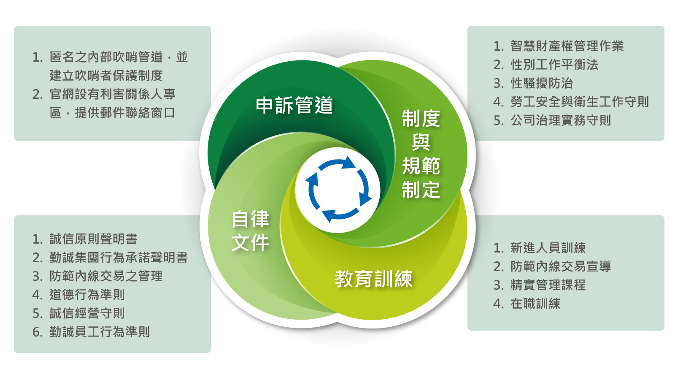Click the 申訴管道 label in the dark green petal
coord(294,105)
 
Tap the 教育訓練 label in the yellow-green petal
coord(373,279)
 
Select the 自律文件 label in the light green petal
coord(250,231)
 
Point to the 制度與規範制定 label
coord(421,154)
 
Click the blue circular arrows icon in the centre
coord(338,190)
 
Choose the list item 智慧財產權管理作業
coord(567,46)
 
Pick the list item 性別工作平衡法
coord(554,65)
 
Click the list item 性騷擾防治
coord(542,83)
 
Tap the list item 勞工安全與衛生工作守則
coord(579,102)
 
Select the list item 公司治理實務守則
coord(561,120)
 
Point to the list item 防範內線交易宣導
coord(560,266)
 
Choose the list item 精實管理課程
coord(548,285)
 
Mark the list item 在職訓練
coord(535,304)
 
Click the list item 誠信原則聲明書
coord(93,239)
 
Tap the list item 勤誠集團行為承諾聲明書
coord(119,258)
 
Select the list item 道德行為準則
coord(87,295)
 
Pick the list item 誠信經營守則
coord(87,313)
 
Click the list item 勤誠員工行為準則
coord(100,332)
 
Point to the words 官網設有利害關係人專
coord(112,94)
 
